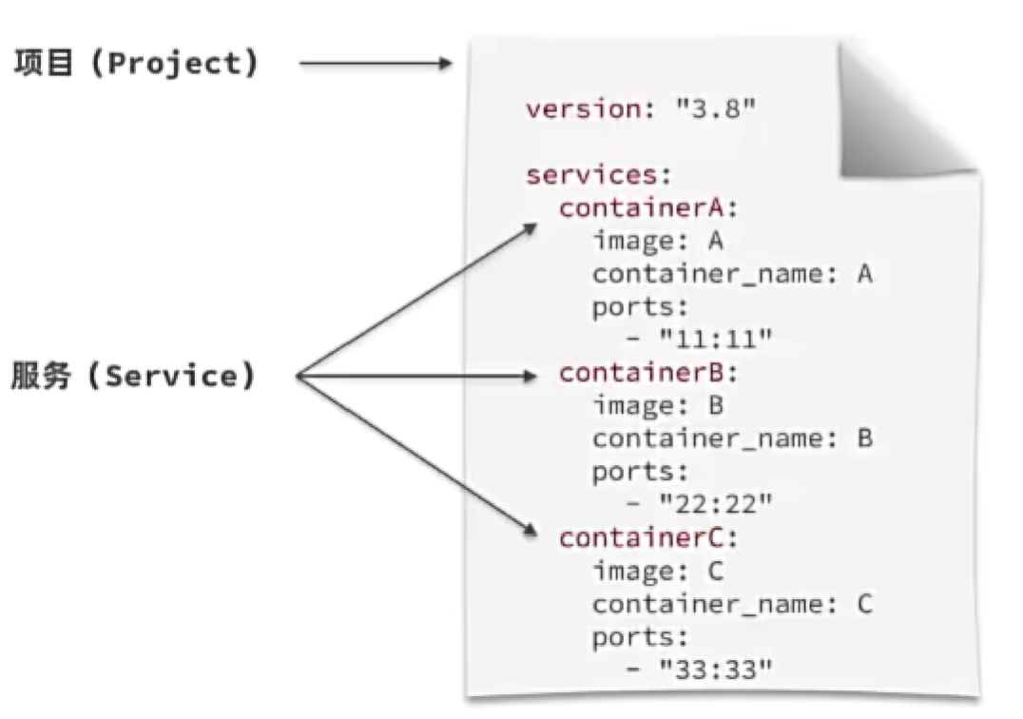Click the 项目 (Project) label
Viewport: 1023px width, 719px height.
[135, 64]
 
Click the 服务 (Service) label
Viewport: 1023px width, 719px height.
[134, 377]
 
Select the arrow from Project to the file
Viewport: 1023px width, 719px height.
[376, 64]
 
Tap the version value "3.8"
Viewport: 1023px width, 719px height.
[716, 107]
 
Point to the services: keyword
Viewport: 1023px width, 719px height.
[599, 175]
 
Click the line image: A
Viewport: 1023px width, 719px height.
[658, 241]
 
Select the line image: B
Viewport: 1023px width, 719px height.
[658, 406]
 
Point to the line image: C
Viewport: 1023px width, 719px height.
[658, 572]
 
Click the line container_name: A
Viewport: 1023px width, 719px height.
[732, 274]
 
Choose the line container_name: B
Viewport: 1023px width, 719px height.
[732, 439]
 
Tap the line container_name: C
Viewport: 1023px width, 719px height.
[732, 605]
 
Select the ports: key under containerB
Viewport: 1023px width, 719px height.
[639, 473]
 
